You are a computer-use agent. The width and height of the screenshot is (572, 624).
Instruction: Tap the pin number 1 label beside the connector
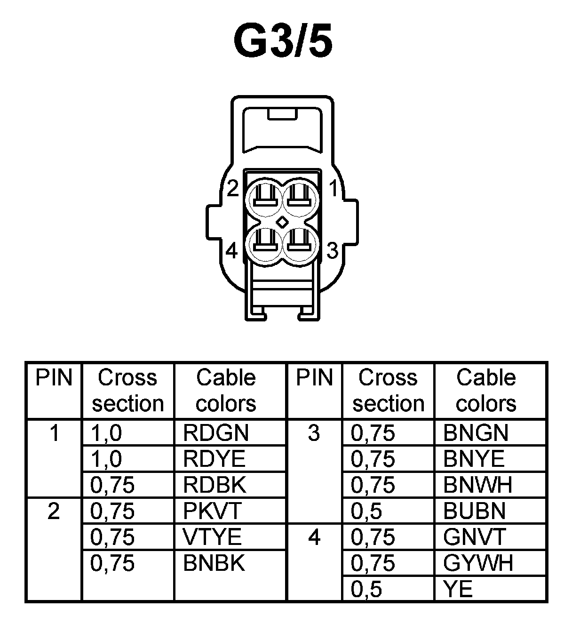tap(334, 189)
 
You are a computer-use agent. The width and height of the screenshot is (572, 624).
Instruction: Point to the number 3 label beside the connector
tap(332, 250)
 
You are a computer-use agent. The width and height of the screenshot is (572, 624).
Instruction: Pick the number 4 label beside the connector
tap(232, 251)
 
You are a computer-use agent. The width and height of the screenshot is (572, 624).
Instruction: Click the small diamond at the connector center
tap(283, 221)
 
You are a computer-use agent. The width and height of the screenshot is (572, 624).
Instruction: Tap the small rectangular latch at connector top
tap(282, 114)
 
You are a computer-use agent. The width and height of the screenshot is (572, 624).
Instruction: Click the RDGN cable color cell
tap(215, 433)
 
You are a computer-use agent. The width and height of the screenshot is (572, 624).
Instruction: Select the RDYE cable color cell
tap(214, 459)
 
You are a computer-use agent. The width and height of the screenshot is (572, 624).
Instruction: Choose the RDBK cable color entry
tap(214, 485)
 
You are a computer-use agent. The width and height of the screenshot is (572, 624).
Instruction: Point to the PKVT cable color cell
tap(212, 511)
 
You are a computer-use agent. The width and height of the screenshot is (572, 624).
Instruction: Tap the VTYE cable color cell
tap(212, 537)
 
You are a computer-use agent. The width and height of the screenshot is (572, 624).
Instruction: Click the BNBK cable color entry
tap(214, 563)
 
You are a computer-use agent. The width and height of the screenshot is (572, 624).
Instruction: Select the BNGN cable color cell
tap(476, 433)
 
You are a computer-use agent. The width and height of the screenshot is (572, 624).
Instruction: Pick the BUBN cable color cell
tap(474, 511)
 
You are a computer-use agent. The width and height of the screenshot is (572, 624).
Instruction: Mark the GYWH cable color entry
tap(477, 563)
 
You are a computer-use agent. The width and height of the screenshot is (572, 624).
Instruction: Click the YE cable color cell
tap(458, 589)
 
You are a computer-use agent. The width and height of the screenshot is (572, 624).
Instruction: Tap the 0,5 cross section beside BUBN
tap(366, 511)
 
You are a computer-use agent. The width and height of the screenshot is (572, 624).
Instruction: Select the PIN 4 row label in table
tap(314, 537)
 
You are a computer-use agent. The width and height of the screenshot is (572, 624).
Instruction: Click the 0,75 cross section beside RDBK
tap(112, 485)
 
